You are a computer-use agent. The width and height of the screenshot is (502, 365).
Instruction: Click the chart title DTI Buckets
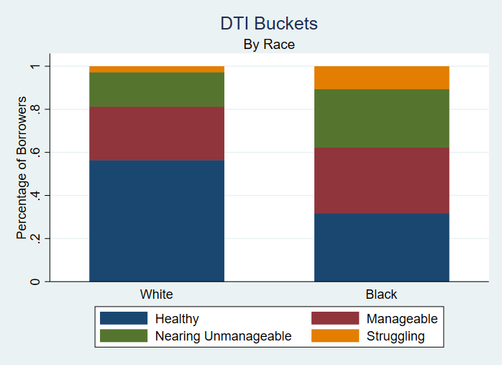[269, 23]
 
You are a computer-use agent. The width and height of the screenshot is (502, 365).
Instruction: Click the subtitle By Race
[269, 45]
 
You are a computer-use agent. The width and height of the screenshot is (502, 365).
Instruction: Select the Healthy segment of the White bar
[157, 220]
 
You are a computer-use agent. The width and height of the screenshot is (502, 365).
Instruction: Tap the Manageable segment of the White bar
[157, 133]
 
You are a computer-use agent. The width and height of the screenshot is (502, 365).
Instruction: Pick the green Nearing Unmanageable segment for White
[157, 89]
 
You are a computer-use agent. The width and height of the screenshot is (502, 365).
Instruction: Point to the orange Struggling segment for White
[157, 69]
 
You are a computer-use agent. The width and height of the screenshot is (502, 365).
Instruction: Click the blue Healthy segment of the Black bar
[382, 247]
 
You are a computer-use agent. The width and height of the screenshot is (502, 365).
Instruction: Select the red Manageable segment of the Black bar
[382, 180]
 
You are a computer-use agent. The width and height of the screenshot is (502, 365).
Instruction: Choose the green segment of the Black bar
[382, 118]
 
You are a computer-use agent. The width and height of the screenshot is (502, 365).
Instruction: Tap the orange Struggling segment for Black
[382, 78]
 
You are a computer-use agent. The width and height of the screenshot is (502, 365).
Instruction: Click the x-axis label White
[157, 294]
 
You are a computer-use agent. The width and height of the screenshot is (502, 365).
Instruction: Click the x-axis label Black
[382, 294]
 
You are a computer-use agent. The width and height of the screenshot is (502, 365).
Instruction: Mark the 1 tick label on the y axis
[34, 66]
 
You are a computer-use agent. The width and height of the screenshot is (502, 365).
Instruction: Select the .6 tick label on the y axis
[34, 152]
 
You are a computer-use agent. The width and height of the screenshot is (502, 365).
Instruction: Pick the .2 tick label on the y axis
[34, 238]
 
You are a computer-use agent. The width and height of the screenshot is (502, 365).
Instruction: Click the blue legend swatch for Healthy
[124, 318]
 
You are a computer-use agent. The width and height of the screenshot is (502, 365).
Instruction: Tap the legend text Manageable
[401, 318]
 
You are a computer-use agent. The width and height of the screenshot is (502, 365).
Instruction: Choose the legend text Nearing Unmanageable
[224, 336]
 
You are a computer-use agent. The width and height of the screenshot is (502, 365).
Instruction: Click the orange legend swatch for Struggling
[334, 336]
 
